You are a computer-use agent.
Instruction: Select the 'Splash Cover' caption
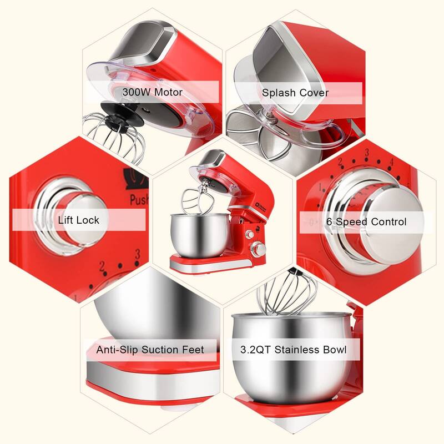click(295, 92)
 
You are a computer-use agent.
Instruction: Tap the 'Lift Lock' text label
click(79, 220)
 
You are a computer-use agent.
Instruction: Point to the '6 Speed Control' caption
click(366, 222)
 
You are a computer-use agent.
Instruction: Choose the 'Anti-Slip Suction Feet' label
click(150, 350)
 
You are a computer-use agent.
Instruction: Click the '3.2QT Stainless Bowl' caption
click(294, 350)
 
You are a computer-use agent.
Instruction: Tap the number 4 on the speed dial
click(392, 162)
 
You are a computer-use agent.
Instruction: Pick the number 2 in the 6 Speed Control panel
click(340, 162)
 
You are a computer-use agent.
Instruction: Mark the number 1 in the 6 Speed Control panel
click(320, 187)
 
